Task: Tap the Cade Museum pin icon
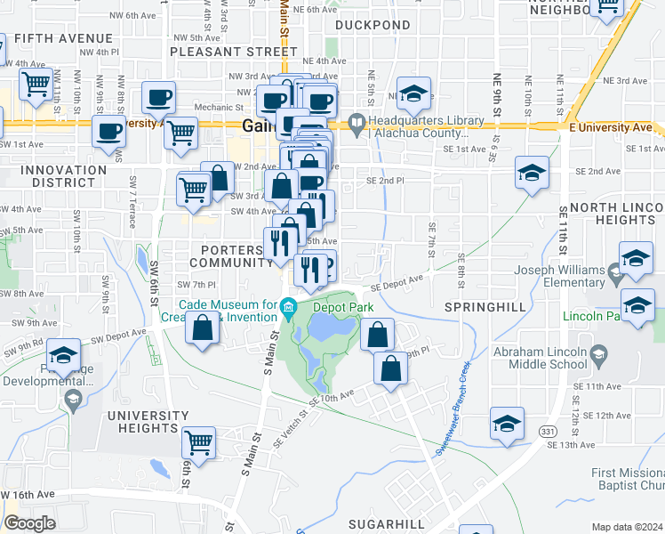(288, 310)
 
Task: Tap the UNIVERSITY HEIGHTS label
(148, 422)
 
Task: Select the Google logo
(29, 523)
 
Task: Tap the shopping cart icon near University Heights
(199, 441)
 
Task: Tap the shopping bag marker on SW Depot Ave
(203, 327)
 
